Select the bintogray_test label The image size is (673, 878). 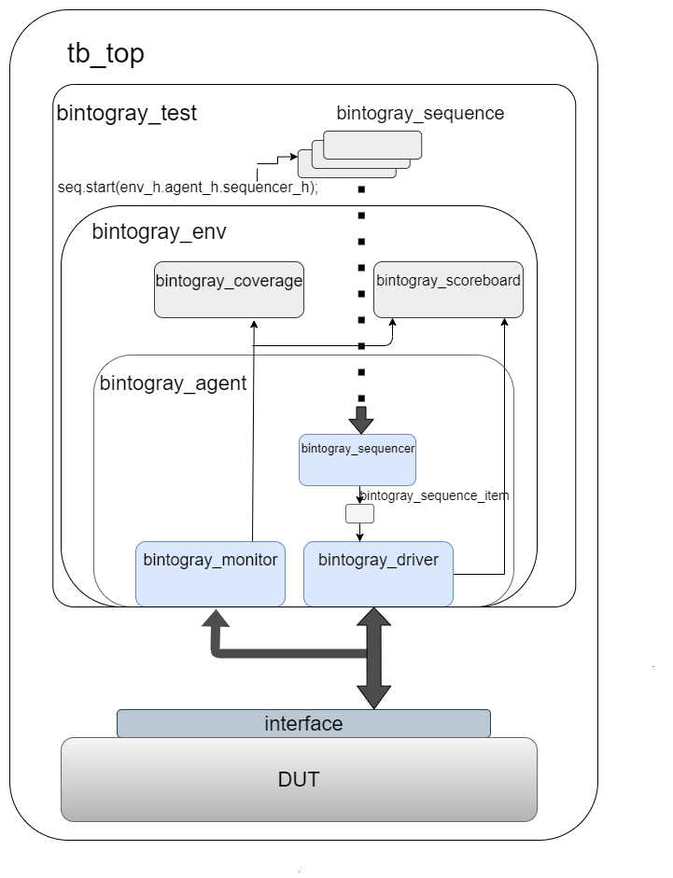coord(127,114)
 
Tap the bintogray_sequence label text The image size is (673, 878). coord(420,114)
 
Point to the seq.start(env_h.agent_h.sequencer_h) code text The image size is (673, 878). coord(188,187)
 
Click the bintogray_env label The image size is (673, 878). coord(159,231)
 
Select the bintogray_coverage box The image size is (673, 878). coord(229,289)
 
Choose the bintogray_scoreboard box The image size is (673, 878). coord(448,289)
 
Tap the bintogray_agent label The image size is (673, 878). coord(173,382)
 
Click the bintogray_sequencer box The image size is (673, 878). coord(358,459)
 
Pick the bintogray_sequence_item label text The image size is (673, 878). coord(435,495)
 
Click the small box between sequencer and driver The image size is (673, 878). coord(359,513)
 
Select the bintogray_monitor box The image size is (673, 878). coord(210,573)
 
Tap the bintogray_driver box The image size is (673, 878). coord(378,573)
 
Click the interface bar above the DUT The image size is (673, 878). coord(303,723)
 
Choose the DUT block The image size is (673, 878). coord(299,779)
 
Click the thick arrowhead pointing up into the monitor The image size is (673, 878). coord(217,620)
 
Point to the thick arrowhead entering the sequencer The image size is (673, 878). coord(361,421)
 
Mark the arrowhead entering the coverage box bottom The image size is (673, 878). coord(253,322)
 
